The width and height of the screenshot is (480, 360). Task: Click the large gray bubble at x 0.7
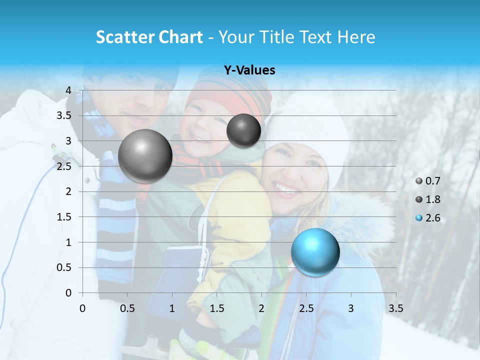tap(145, 156)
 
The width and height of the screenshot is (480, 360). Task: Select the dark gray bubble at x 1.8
tap(243, 130)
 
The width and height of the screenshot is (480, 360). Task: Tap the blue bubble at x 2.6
tap(315, 251)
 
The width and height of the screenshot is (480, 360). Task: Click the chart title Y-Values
tap(249, 70)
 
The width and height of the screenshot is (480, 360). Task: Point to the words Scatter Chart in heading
tap(149, 37)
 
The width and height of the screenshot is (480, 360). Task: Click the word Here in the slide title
tap(355, 37)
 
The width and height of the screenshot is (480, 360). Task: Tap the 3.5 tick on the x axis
tap(396, 308)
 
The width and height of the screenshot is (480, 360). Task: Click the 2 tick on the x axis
tap(261, 308)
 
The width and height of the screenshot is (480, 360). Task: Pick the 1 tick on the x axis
tap(172, 308)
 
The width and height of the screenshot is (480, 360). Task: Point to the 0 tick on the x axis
tap(82, 308)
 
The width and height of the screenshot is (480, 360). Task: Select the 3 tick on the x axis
tap(351, 308)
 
